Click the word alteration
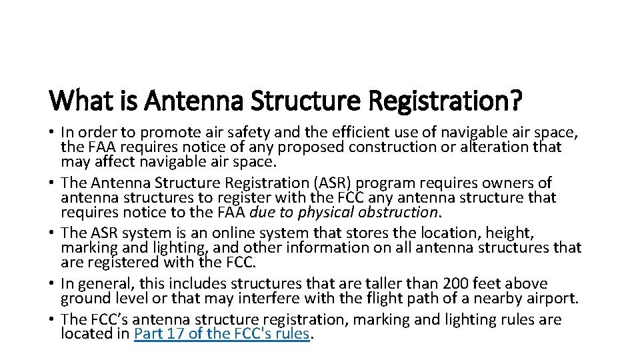489,146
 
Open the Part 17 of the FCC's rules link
223,334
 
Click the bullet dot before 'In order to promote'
52,133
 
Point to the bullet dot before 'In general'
52,284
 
